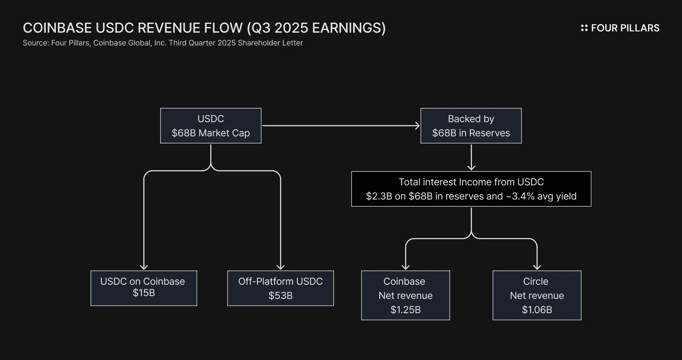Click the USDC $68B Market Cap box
click(x=211, y=126)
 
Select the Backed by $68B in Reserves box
click(x=471, y=126)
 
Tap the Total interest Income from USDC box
click(x=471, y=189)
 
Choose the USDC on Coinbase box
click(x=144, y=288)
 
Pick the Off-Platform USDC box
click(x=281, y=288)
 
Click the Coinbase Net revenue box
click(x=406, y=295)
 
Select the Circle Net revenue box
click(x=537, y=295)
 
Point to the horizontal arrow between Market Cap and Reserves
click(x=341, y=126)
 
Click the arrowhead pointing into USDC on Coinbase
click(x=144, y=267)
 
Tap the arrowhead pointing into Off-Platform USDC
click(x=281, y=267)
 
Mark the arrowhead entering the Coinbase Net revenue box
click(x=406, y=267)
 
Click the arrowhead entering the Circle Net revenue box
click(x=537, y=267)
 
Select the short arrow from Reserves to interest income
click(x=471, y=157)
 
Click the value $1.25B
click(x=406, y=310)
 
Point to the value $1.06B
click(x=537, y=310)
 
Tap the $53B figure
click(x=281, y=296)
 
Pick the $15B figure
click(x=144, y=293)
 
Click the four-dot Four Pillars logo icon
click(x=584, y=28)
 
